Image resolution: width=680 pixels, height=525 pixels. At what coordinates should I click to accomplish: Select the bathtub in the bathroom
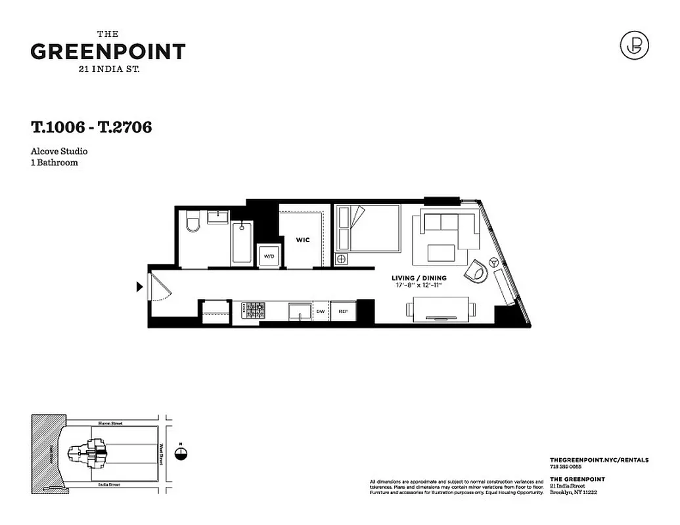click(x=242, y=242)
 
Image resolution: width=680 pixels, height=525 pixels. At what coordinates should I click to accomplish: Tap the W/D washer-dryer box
click(x=269, y=256)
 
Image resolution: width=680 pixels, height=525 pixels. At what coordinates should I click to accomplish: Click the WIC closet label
click(x=302, y=240)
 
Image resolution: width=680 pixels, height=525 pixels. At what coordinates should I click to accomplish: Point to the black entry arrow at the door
click(x=139, y=287)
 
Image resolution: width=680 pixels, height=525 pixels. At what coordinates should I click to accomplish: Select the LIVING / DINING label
click(x=419, y=278)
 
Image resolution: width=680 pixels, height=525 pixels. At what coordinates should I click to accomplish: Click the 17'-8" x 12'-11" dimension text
click(x=419, y=285)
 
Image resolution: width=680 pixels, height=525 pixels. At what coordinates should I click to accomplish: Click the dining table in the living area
click(x=441, y=308)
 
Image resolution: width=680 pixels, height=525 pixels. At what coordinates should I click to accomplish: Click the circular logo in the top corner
click(x=634, y=45)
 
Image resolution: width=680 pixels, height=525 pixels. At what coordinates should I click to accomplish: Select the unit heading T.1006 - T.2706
click(x=91, y=127)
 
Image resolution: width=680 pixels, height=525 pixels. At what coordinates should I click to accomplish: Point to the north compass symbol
click(x=181, y=453)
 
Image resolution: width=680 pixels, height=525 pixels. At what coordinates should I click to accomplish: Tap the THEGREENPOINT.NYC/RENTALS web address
click(x=598, y=461)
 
